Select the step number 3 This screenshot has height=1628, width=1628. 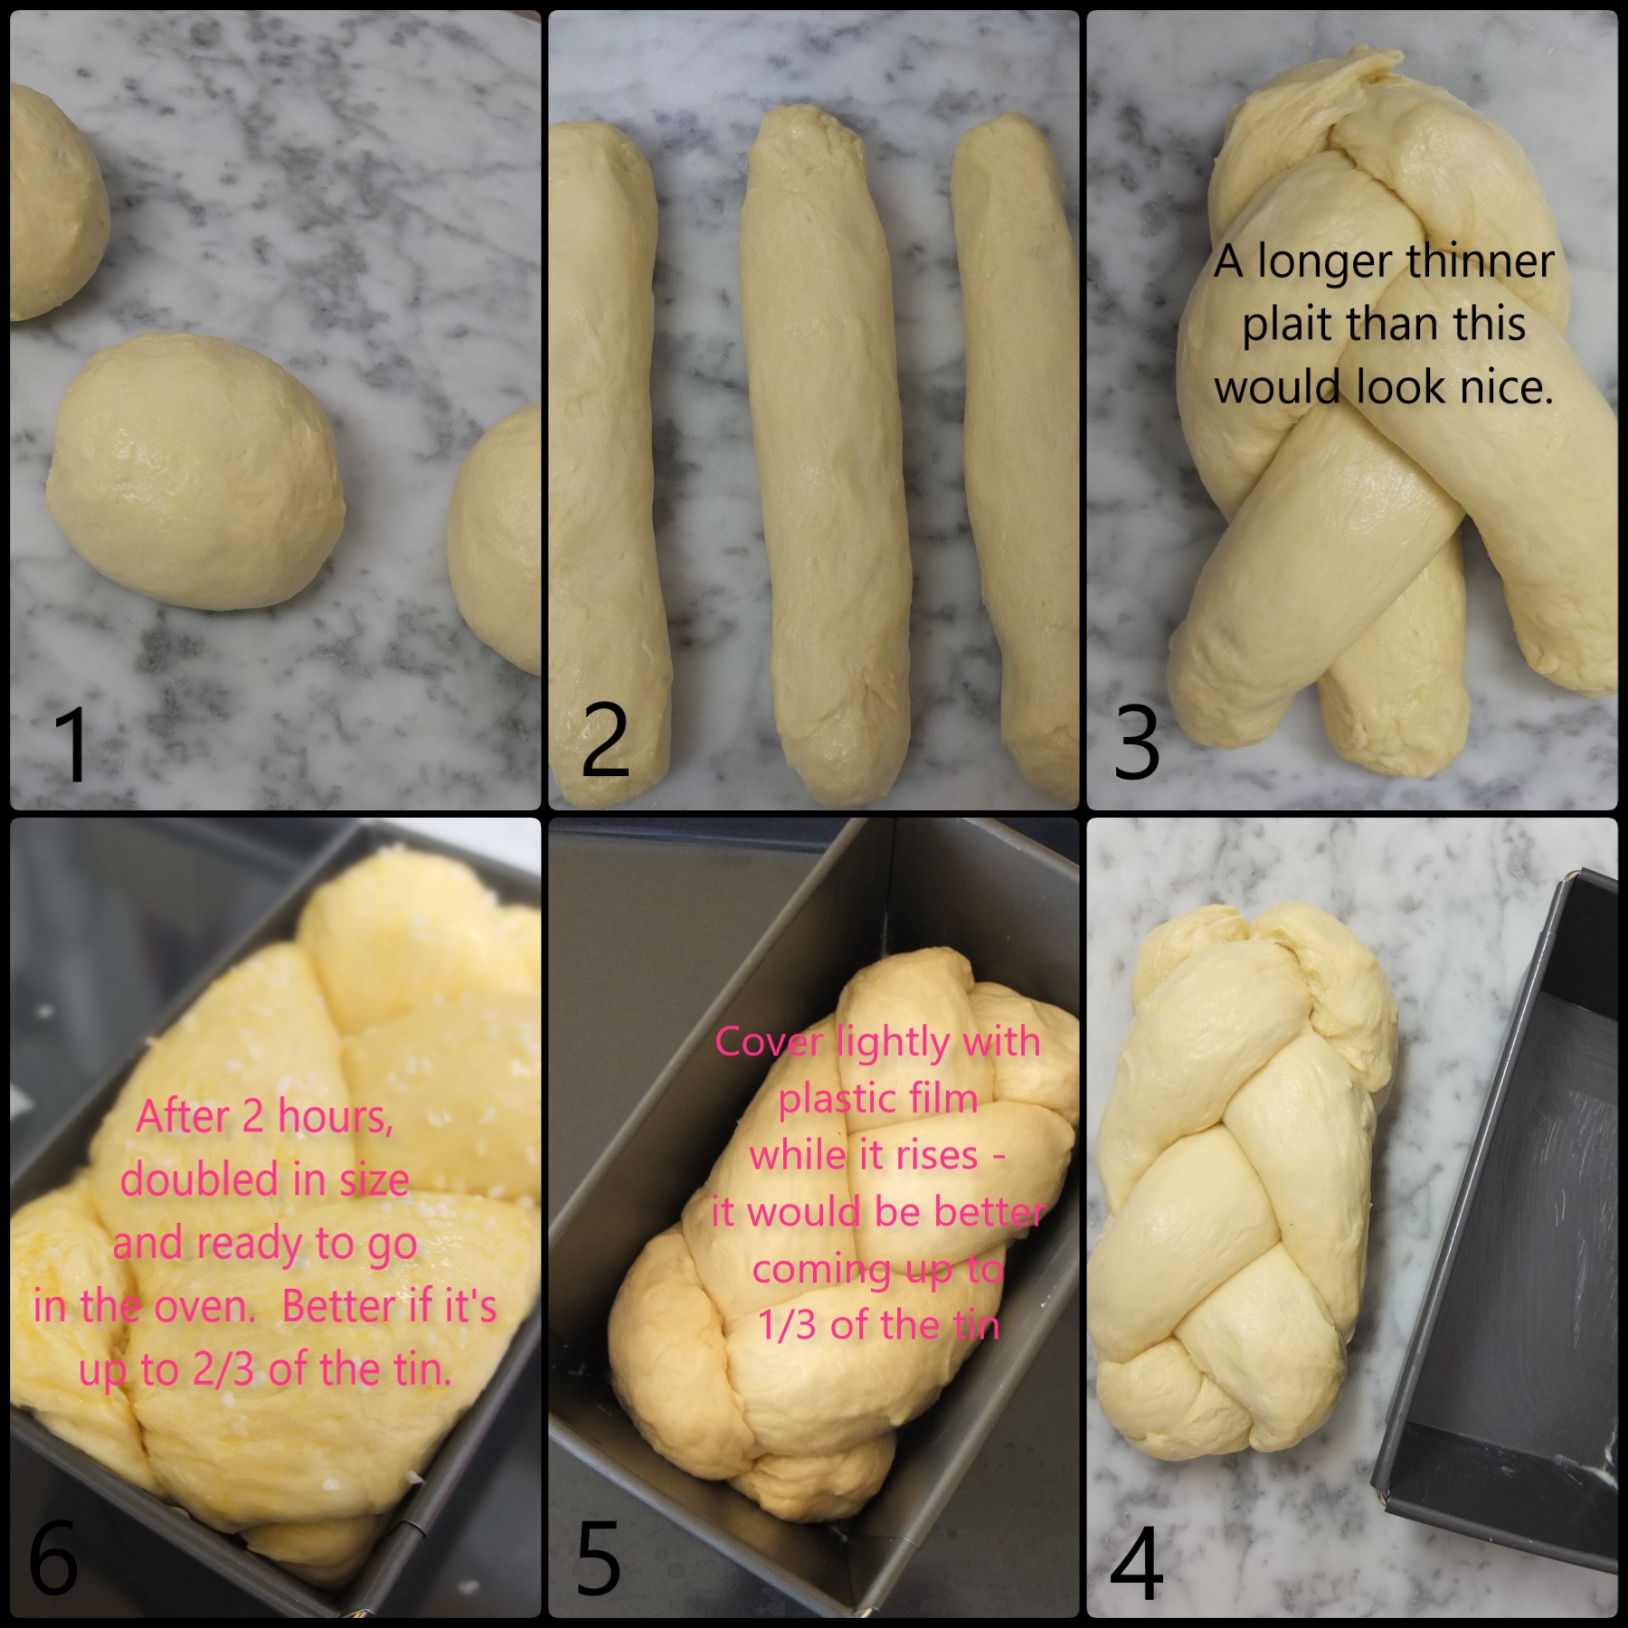tap(1137, 743)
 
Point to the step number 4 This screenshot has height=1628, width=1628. tap(1137, 1563)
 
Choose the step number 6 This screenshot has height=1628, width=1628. tap(54, 1557)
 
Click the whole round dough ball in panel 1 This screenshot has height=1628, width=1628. tap(196, 472)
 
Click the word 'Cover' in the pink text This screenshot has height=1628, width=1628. tap(769, 1042)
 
